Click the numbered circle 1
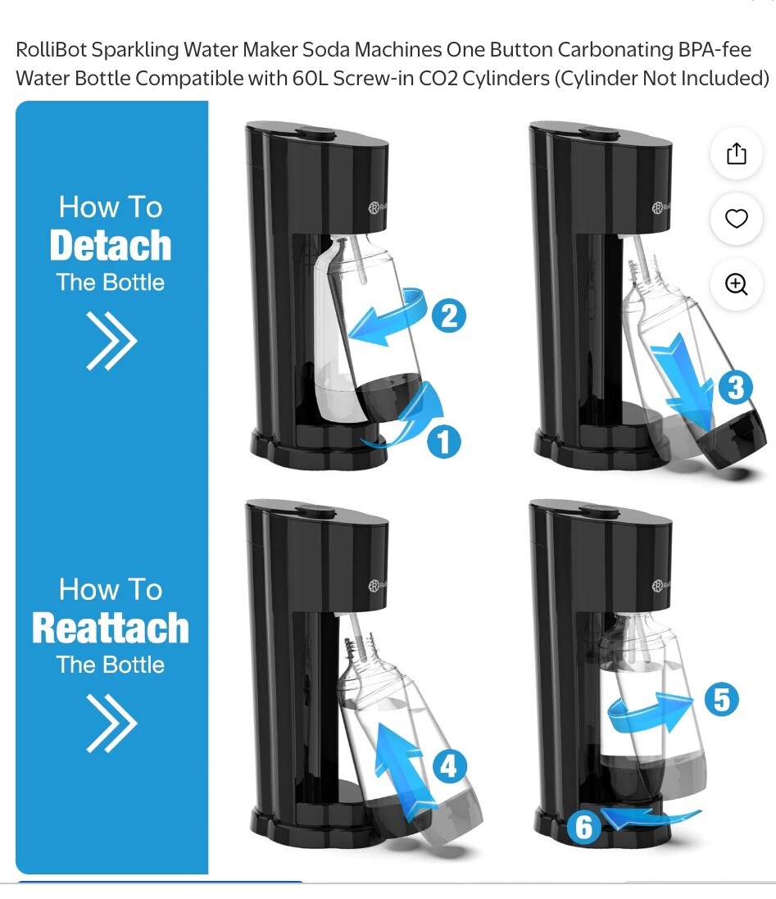[443, 442]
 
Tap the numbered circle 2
[448, 315]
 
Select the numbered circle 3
[735, 387]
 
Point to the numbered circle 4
[448, 767]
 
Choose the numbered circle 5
[721, 700]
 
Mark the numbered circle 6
[583, 827]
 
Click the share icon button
[737, 153]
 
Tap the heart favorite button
[737, 219]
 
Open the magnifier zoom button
[737, 284]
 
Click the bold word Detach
[111, 245]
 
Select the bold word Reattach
[111, 628]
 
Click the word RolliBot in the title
[51, 49]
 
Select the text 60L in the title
[311, 79]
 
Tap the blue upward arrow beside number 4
[402, 758]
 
